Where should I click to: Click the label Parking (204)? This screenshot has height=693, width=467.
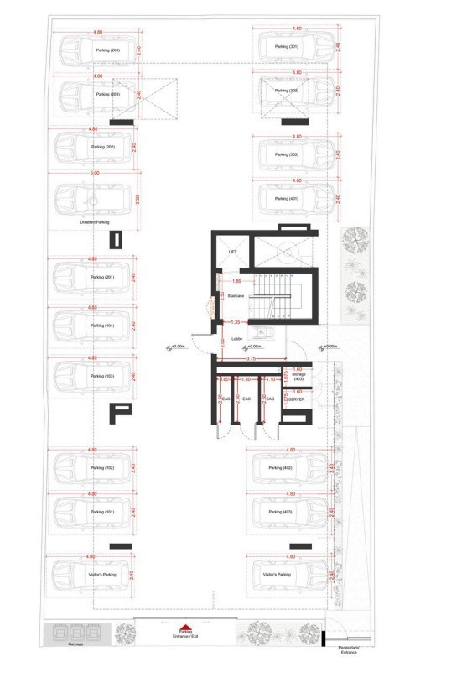point(107,51)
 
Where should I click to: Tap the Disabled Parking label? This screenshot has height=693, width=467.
point(95,222)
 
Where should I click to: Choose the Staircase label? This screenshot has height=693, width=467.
point(236,296)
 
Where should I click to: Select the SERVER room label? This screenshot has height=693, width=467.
point(296,399)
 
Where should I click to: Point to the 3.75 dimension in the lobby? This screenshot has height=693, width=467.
point(251,358)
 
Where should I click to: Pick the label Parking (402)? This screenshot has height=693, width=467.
point(280,468)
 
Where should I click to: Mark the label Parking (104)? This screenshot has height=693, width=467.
point(103,326)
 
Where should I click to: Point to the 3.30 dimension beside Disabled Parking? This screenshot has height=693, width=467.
point(138,201)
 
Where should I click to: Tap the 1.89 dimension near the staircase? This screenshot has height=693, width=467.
point(237,281)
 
